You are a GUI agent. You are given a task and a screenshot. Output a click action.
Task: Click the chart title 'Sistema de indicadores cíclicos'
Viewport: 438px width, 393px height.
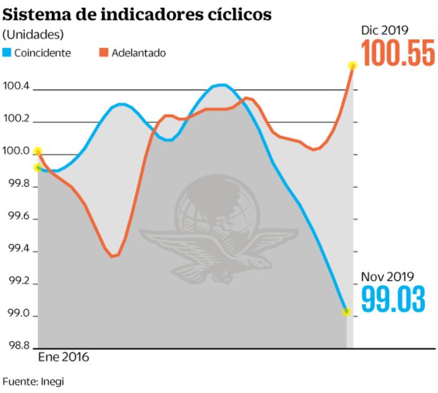pos(137,14)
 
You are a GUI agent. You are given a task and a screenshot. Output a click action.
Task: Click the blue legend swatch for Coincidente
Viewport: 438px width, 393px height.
pos(7,53)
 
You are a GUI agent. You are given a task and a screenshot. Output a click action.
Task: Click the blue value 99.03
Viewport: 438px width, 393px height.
pos(394,299)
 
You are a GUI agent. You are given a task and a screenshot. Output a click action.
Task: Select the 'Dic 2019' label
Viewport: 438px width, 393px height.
pos(384,30)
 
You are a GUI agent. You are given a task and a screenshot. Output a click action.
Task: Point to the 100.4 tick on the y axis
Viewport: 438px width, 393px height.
pos(16,86)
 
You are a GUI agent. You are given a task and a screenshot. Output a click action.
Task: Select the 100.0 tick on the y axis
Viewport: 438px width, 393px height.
pos(16,152)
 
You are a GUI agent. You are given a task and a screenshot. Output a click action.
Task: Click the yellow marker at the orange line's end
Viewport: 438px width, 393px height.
pos(352,65)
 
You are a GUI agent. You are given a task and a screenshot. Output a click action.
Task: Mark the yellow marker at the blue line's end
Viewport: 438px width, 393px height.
pos(346,311)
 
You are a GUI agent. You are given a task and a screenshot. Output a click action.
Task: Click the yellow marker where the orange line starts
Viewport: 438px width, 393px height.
pos(38,151)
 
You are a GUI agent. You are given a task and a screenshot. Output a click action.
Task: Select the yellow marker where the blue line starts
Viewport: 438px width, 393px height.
pos(38,168)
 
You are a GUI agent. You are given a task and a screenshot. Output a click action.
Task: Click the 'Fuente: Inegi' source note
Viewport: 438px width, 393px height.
pos(33,382)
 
